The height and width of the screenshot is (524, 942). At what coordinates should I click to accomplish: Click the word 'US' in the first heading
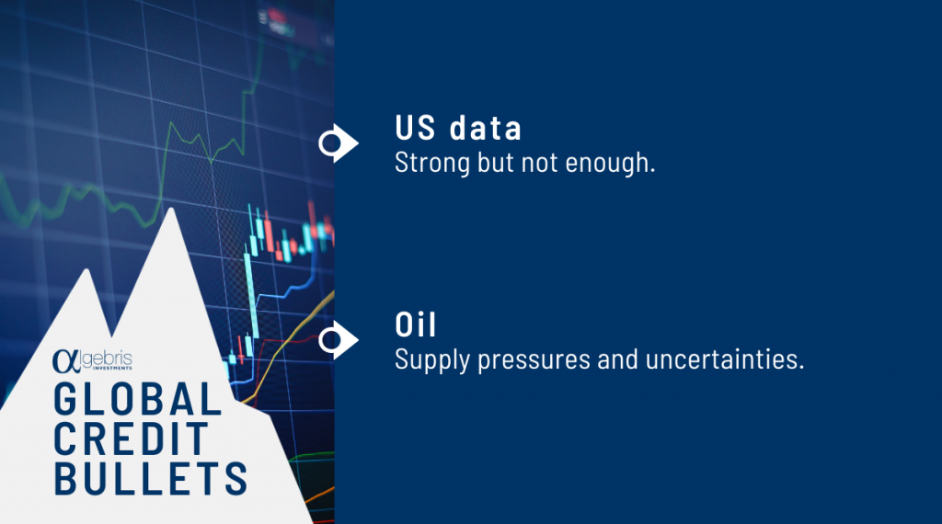[x=415, y=128]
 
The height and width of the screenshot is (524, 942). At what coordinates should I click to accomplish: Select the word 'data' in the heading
[x=486, y=128]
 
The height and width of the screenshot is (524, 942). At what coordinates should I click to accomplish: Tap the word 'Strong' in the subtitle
[x=432, y=164]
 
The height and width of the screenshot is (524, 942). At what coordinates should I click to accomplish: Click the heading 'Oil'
[x=415, y=325]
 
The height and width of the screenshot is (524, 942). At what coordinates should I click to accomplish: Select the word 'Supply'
[x=432, y=360]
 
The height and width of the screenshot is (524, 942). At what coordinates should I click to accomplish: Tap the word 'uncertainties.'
[x=725, y=359]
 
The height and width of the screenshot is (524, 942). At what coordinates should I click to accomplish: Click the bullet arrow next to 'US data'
[x=339, y=142]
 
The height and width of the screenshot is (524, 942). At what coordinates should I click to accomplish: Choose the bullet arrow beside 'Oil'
[x=339, y=340]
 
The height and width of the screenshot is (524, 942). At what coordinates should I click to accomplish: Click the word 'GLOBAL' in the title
[x=138, y=399]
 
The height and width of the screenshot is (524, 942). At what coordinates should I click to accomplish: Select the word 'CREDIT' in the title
[x=131, y=439]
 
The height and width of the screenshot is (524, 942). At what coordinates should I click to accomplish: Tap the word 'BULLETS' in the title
[x=150, y=478]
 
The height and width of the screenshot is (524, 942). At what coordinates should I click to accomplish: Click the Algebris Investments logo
[x=92, y=360]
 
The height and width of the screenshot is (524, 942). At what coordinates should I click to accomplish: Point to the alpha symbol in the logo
[x=65, y=360]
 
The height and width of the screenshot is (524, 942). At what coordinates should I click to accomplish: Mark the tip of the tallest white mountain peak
[x=171, y=208]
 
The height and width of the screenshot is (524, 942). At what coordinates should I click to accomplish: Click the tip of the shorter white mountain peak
[x=87, y=268]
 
